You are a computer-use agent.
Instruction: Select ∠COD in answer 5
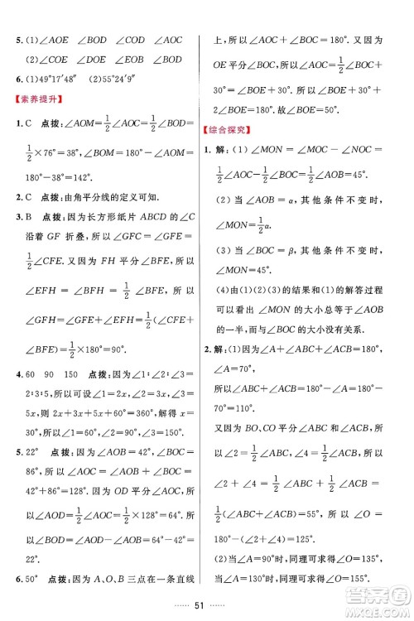point(131,39)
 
